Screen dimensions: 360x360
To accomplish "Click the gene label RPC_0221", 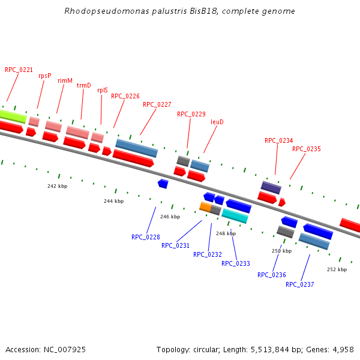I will tap(19, 70).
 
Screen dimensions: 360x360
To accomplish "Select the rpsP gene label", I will tap(45, 76).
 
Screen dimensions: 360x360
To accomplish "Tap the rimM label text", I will tap(65, 80).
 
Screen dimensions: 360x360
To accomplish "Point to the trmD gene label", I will tap(84, 85).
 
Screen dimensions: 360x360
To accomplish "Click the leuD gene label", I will tap(217, 122).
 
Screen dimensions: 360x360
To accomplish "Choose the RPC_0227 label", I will tap(157, 104).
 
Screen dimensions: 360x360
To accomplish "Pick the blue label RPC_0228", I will tap(146, 237).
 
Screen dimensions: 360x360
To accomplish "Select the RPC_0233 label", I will tap(236, 263).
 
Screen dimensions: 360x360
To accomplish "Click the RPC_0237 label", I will tap(300, 284).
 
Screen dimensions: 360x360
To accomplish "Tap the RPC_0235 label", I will tap(307, 149).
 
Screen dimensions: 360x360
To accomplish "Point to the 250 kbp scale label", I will tap(281, 251).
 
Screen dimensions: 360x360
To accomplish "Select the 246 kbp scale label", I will tap(170, 217).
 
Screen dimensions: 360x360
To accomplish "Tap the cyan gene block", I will tap(235, 216).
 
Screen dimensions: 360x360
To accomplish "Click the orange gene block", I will tap(205, 207).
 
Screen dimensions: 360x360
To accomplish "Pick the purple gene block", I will tap(271, 187).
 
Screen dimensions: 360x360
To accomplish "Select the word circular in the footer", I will tap(211, 349).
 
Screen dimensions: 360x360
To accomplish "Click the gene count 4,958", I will tap(341, 349).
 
